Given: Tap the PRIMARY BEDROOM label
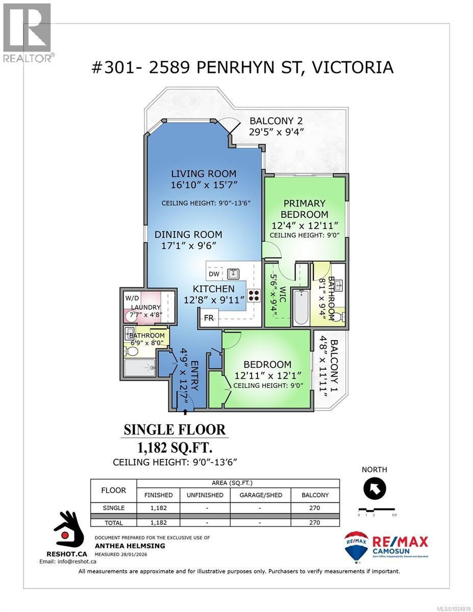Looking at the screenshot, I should pyautogui.click(x=304, y=209).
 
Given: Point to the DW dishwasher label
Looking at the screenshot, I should pyautogui.click(x=214, y=274).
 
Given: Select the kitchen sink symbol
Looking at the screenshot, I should pyautogui.click(x=234, y=273).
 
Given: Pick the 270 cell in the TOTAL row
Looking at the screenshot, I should pyautogui.click(x=314, y=522).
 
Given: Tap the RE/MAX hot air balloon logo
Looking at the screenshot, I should pyautogui.click(x=356, y=545).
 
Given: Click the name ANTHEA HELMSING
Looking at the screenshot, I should pyautogui.click(x=130, y=546).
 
